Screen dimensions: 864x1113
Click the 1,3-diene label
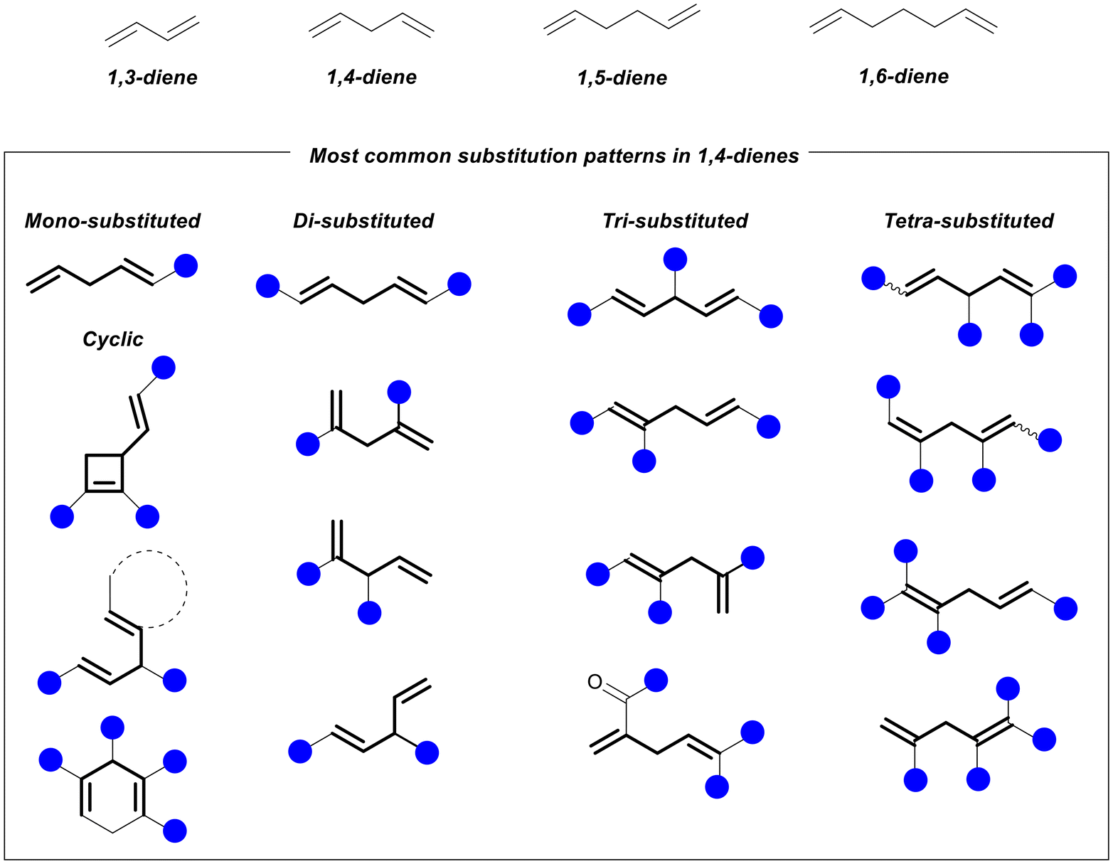pyautogui.click(x=152, y=78)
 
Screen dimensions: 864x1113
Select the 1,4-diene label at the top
pyautogui.click(x=371, y=78)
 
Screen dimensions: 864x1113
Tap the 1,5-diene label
pyautogui.click(x=622, y=78)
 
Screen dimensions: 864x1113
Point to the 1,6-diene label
pyautogui.click(x=903, y=76)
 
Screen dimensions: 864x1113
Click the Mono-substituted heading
pyautogui.click(x=112, y=221)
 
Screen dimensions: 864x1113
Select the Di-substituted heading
pyautogui.click(x=363, y=221)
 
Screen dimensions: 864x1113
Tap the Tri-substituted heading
pyautogui.click(x=675, y=221)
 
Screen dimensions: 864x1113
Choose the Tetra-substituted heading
pyautogui.click(x=969, y=221)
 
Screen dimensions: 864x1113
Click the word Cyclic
pyautogui.click(x=112, y=339)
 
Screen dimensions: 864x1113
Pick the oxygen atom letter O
pyautogui.click(x=595, y=683)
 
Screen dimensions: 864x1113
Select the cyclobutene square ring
pyautogui.click(x=105, y=473)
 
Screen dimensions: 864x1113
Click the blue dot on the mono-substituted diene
pyautogui.click(x=186, y=266)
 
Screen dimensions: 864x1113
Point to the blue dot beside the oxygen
pyautogui.click(x=656, y=681)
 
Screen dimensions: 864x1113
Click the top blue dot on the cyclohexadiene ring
pyautogui.click(x=112, y=727)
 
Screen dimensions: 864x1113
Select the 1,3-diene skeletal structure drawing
pyautogui.click(x=152, y=31)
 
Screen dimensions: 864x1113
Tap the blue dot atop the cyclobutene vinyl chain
pyautogui.click(x=163, y=368)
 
